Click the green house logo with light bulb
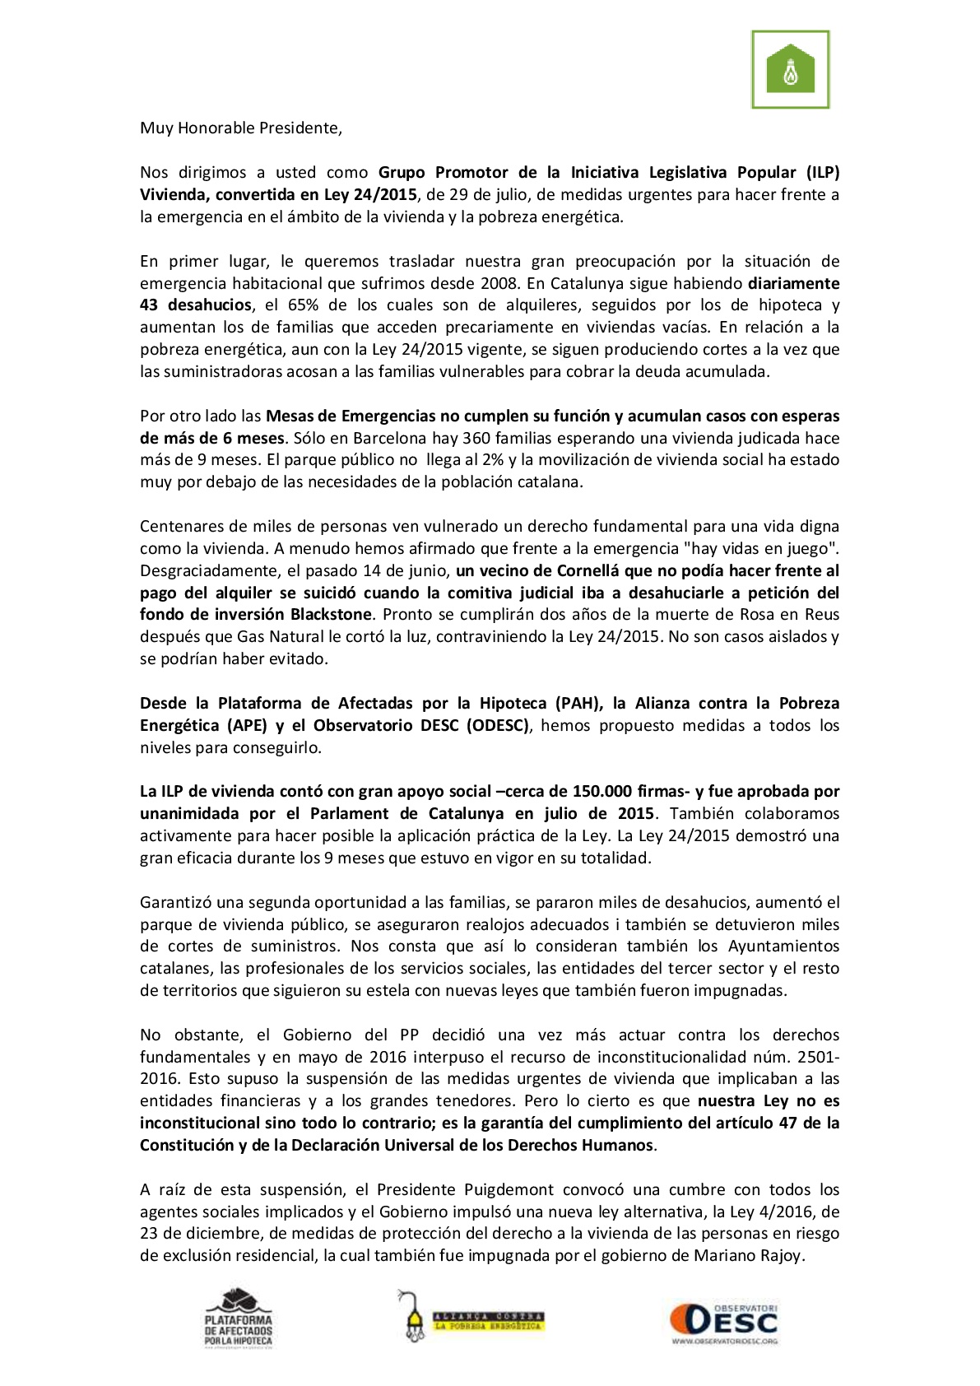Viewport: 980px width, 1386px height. (x=790, y=70)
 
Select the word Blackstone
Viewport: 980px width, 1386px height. (x=331, y=615)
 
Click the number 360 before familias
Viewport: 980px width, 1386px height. (x=476, y=438)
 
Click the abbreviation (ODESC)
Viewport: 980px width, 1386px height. (x=498, y=726)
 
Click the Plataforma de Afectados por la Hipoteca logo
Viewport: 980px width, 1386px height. (x=238, y=1317)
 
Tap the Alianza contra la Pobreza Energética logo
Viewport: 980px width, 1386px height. (x=470, y=1317)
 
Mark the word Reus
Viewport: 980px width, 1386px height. (x=823, y=615)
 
